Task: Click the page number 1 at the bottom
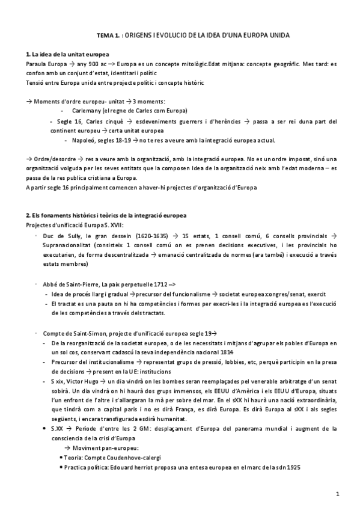click(338, 494)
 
